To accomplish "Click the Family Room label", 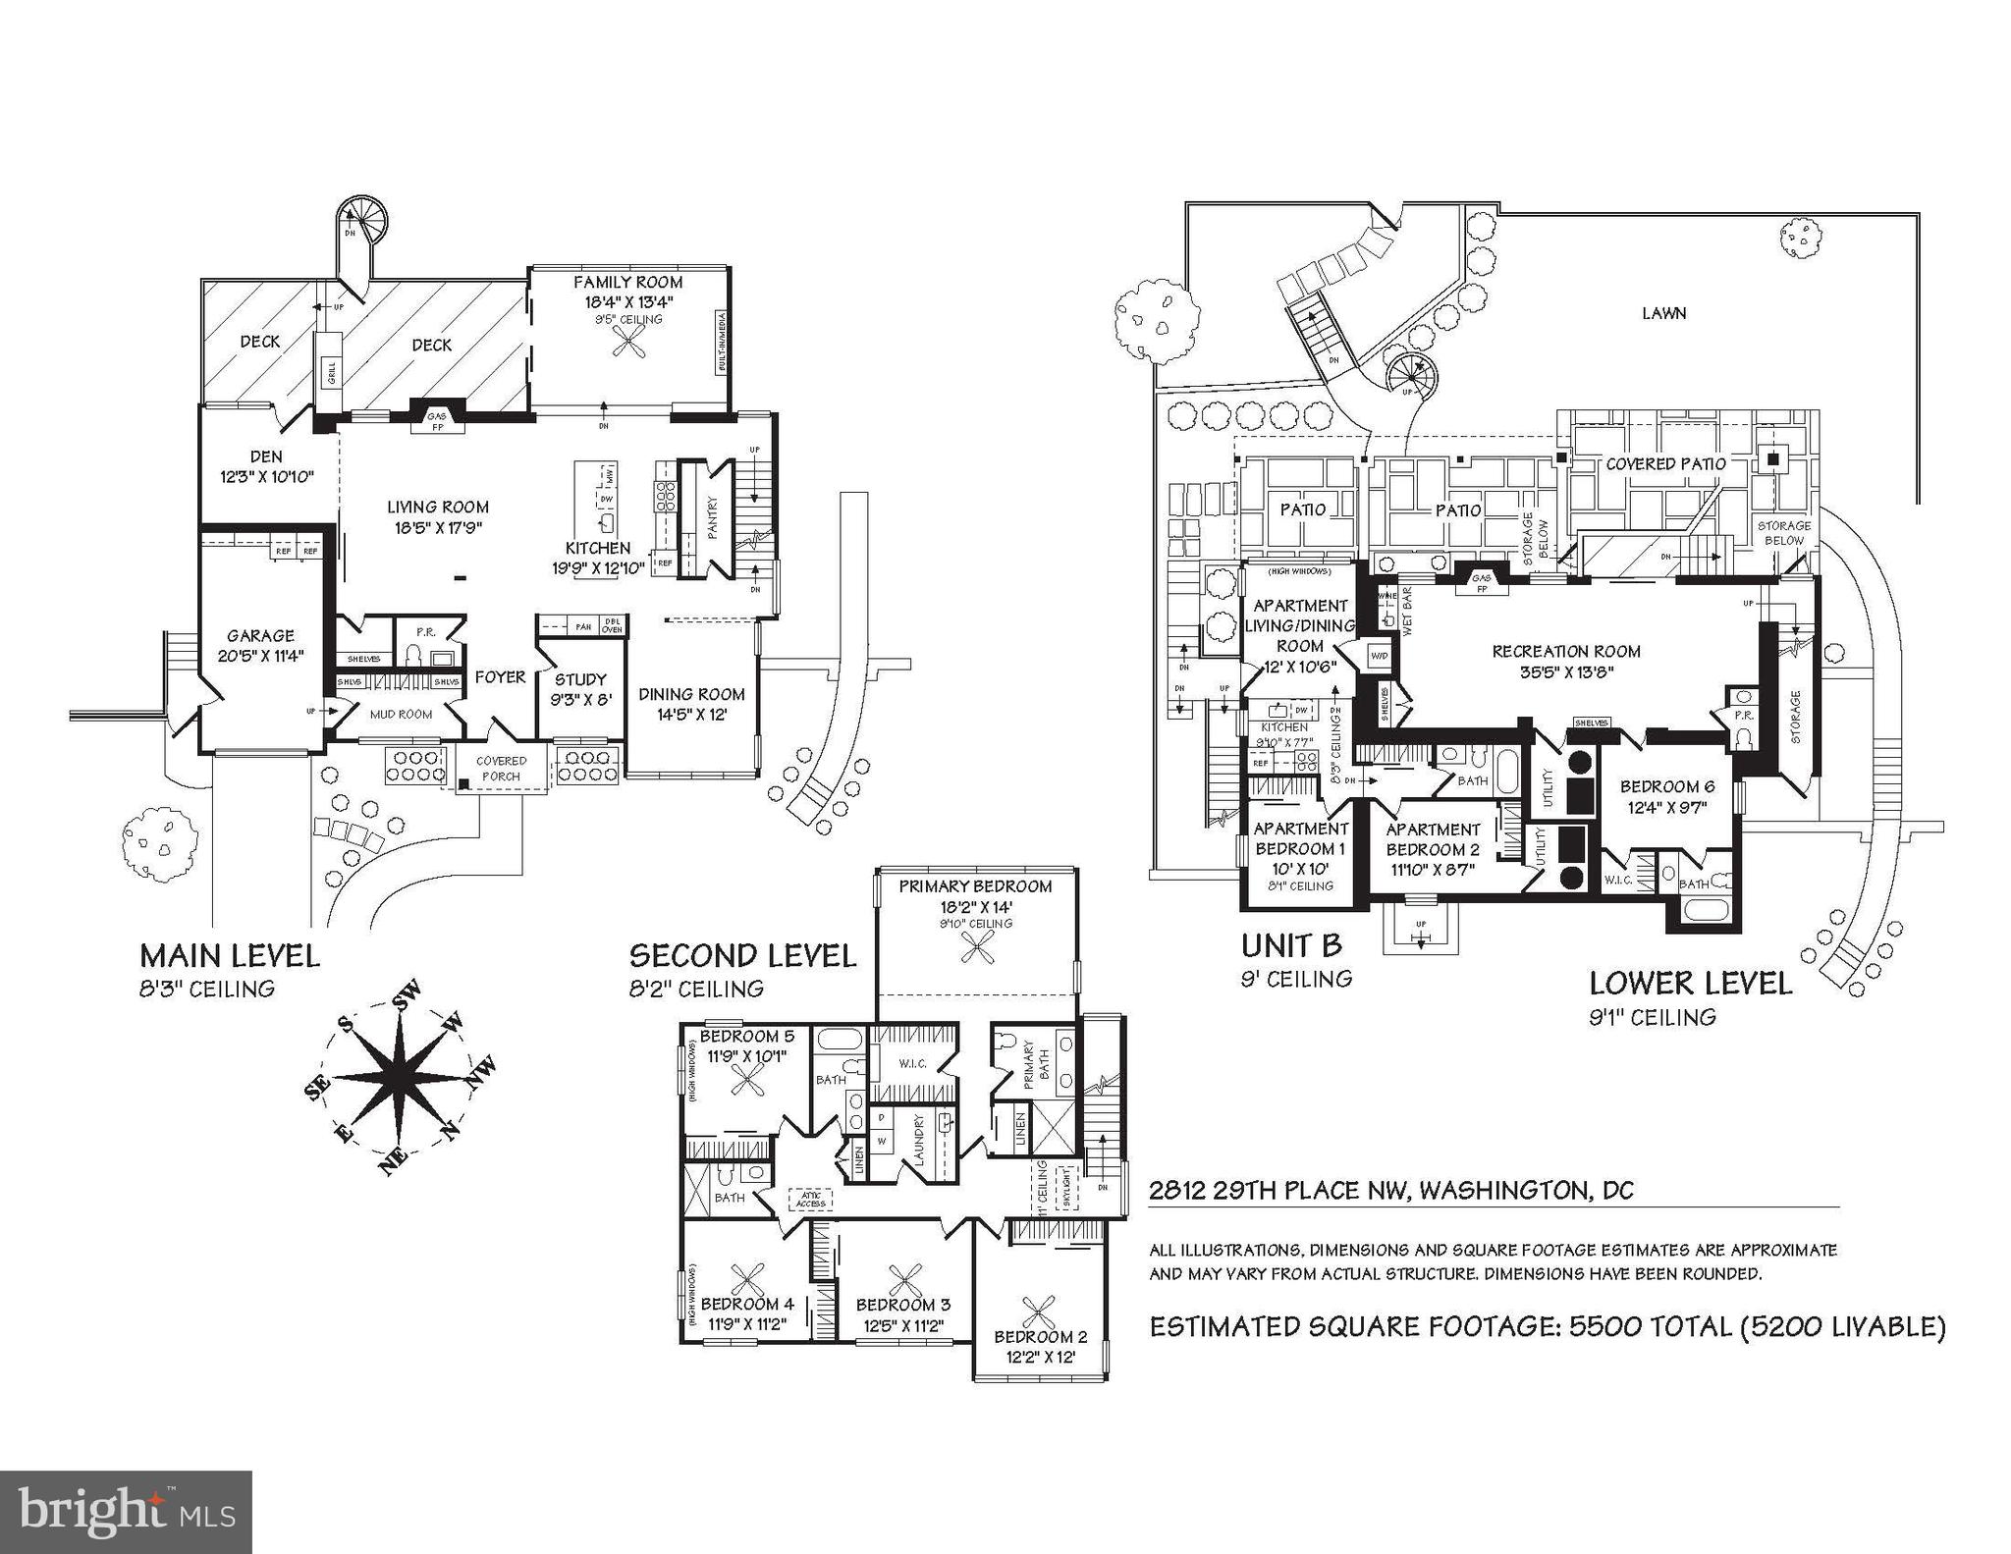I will click(627, 283).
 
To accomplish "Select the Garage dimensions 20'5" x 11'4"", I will click(260, 656).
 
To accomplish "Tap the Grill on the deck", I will click(331, 373).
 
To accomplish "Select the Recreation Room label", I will click(1565, 651).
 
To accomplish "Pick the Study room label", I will click(580, 679).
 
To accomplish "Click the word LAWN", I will click(1663, 313).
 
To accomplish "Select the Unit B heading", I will click(1291, 945).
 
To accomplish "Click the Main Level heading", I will click(230, 955).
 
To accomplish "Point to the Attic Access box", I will click(811, 1199).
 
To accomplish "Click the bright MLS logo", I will click(126, 1512).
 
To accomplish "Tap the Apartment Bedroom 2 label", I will click(1433, 839).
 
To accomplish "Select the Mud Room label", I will click(401, 714).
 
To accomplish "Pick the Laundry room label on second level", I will click(920, 1141).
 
